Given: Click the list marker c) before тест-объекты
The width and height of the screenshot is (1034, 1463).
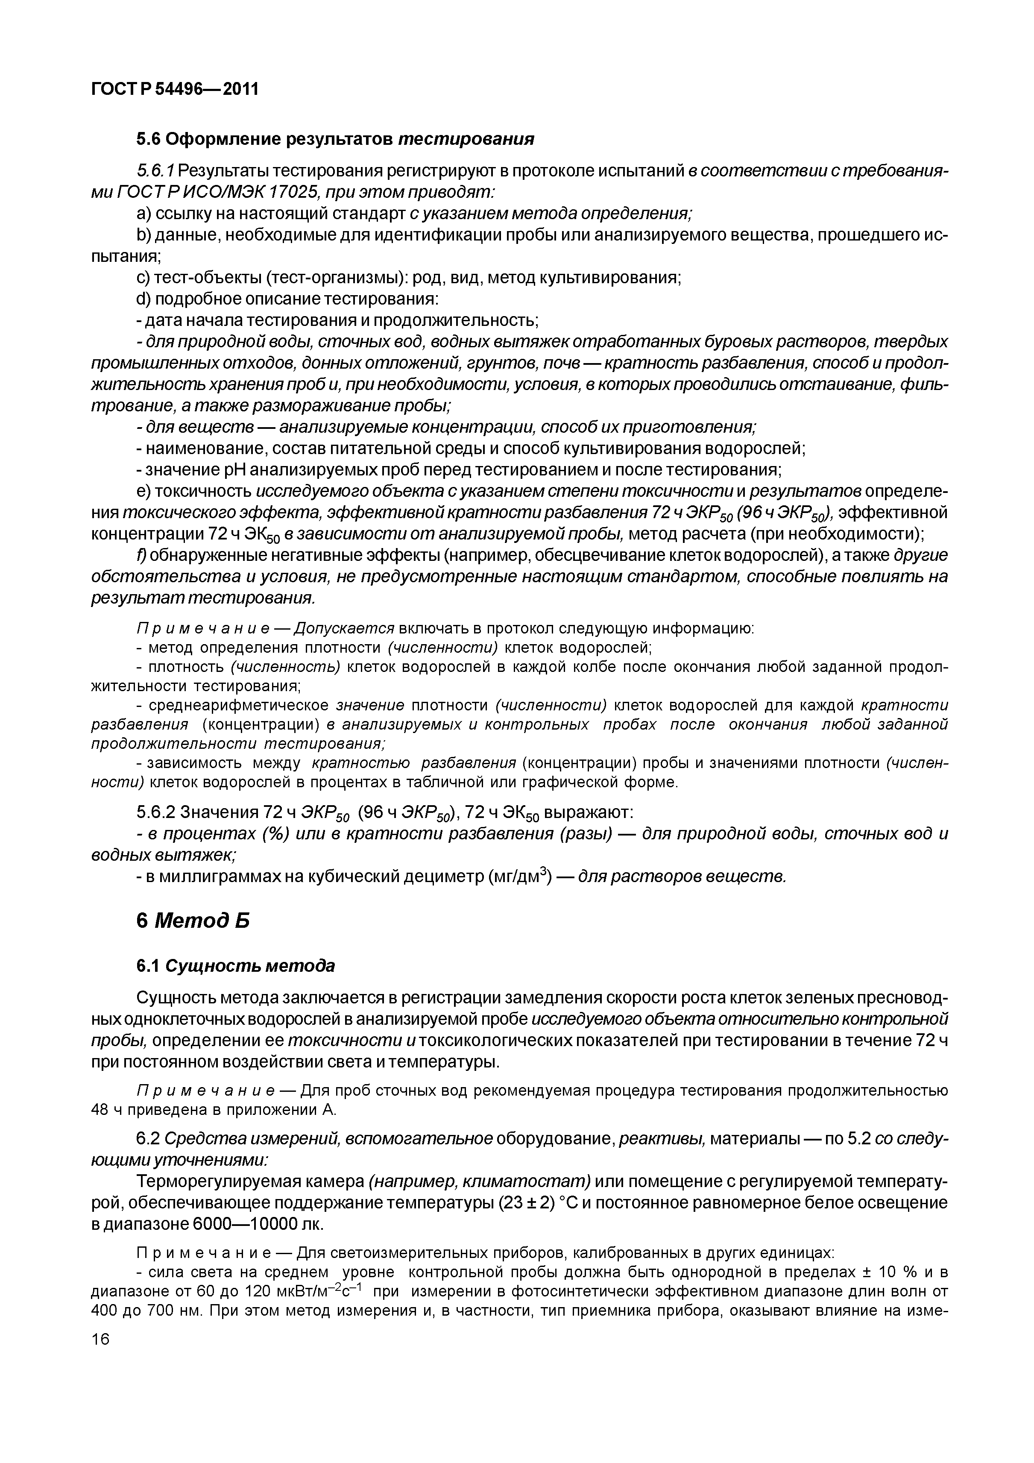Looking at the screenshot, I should click(x=144, y=277).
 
